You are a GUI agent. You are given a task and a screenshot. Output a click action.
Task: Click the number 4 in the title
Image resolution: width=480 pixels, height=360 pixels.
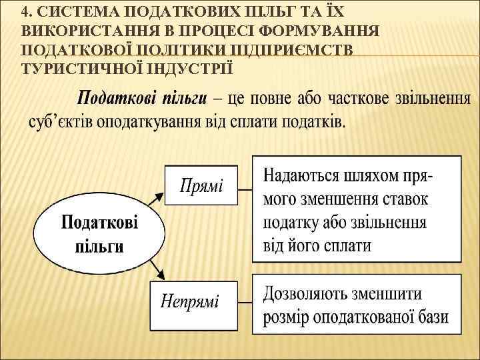click(x=25, y=11)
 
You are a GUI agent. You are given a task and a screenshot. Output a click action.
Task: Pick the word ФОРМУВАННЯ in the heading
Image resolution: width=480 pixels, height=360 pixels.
click(x=319, y=31)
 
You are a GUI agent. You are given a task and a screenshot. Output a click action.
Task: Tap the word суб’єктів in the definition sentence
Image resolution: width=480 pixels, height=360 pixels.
click(x=61, y=123)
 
